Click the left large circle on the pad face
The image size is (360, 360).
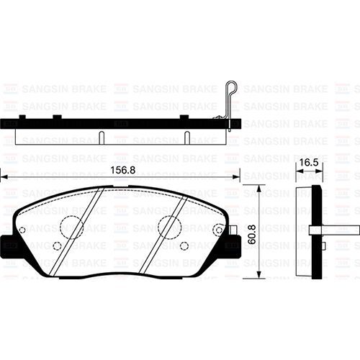[71, 228]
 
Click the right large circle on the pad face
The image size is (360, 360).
[169, 227]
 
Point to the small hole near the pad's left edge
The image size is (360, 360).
[22, 230]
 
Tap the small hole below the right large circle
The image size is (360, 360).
[184, 246]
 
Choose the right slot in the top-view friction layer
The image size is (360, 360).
[186, 136]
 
